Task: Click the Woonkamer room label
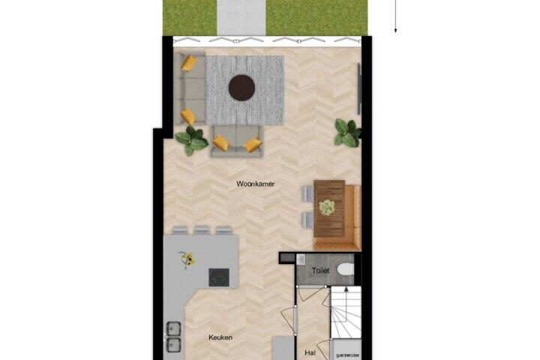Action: (256, 184)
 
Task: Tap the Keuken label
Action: (220, 337)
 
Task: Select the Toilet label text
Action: (321, 271)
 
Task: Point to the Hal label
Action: (310, 352)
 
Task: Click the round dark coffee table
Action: (241, 88)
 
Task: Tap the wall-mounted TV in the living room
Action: (358, 88)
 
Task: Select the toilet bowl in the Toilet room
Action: (346, 270)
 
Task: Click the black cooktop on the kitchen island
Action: (219, 277)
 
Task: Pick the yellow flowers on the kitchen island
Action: (187, 259)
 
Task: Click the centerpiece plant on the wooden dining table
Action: (326, 208)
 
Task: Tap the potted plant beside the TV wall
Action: (347, 133)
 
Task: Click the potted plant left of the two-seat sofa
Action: (191, 140)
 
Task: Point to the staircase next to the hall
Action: (346, 312)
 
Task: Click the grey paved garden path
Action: (241, 17)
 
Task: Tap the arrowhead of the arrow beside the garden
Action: (396, 31)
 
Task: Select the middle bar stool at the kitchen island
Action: (202, 230)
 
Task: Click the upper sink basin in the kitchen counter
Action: (173, 328)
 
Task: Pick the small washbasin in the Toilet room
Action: (301, 259)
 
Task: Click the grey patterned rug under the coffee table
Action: (244, 90)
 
